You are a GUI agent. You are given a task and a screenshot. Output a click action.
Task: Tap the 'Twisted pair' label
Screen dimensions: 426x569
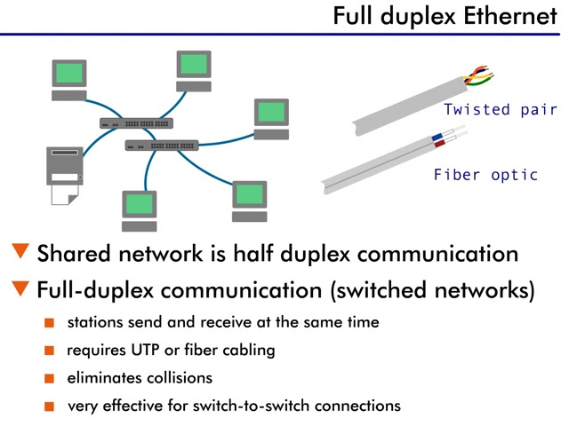click(501, 110)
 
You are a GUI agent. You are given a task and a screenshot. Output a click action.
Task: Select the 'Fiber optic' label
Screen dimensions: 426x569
click(485, 175)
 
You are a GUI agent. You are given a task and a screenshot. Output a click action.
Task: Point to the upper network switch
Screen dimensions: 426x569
click(136, 123)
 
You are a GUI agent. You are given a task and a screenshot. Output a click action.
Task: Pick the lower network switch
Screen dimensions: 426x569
click(162, 145)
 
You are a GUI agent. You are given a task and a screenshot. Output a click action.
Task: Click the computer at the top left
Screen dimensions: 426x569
click(69, 79)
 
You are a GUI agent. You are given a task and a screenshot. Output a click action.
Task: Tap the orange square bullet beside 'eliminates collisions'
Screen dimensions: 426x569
click(50, 378)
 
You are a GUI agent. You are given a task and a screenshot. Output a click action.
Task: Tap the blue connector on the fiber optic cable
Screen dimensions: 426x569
click(437, 138)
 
